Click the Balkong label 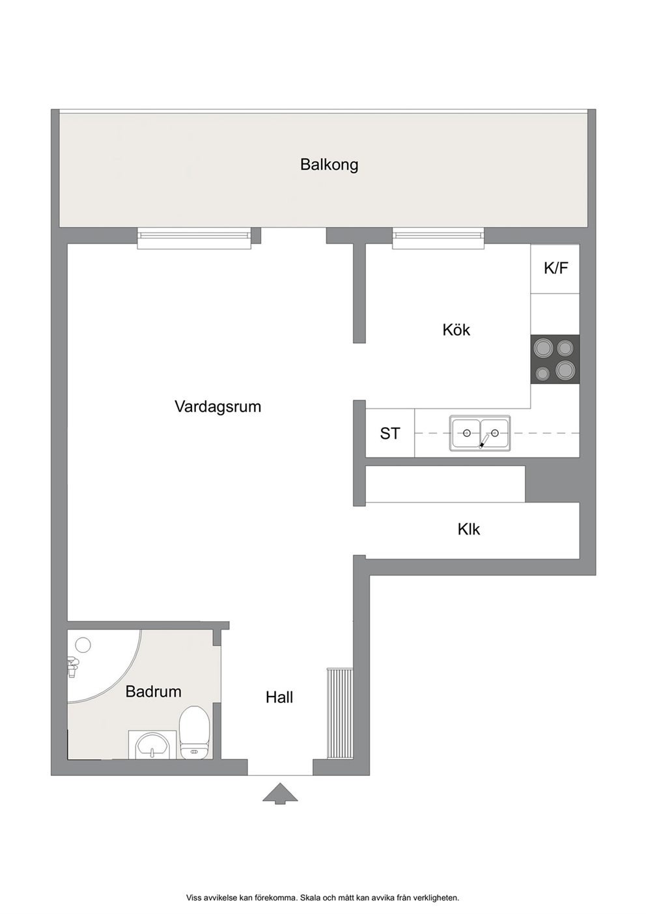coord(329,165)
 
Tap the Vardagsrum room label coord(218,407)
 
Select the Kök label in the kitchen coord(456,329)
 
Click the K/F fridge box coord(555,268)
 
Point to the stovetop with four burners coord(555,359)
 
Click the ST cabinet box coord(390,433)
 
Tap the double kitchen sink coord(480,434)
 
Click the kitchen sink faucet coord(484,441)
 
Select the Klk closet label coord(468,530)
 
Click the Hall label coord(279,697)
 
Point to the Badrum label coord(154,691)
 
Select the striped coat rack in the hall coord(339,713)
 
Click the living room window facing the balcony coord(194,238)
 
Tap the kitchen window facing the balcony coord(438,238)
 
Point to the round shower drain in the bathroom coord(83,645)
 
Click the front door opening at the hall coord(280,767)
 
